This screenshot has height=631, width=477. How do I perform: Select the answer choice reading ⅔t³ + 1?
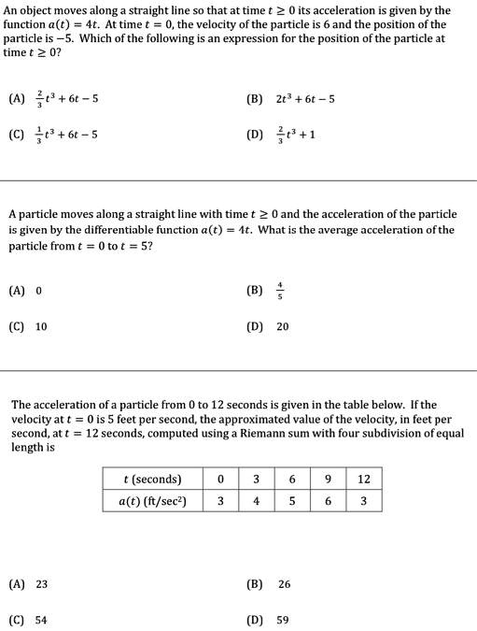pos(296,134)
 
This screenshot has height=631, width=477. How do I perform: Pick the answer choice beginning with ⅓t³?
pos(68,134)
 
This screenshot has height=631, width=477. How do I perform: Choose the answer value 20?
pos(283,327)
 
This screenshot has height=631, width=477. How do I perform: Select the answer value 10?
pos(42,327)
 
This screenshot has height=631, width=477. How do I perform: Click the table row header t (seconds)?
pos(152,480)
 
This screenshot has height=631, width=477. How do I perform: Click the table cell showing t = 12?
pos(364,480)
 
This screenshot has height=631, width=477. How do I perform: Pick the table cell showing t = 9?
pos(328,480)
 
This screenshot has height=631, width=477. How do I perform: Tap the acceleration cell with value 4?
pos(256,501)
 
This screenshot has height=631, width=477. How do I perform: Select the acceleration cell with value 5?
pos(292,501)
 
